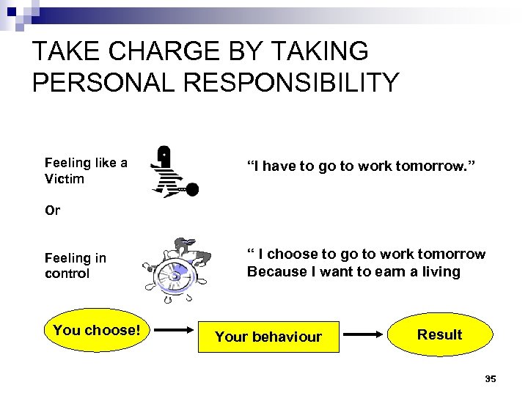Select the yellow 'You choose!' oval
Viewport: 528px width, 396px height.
pyautogui.click(x=96, y=331)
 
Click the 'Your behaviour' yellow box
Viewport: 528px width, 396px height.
pyautogui.click(x=268, y=337)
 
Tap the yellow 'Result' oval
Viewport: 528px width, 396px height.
pyautogui.click(x=439, y=334)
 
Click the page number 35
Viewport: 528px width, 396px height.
pyautogui.click(x=491, y=378)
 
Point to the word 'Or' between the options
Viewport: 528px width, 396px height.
pyautogui.click(x=52, y=210)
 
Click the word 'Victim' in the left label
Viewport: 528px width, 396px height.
pyautogui.click(x=65, y=179)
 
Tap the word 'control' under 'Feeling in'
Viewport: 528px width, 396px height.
pyautogui.click(x=67, y=274)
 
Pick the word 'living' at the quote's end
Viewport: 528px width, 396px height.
pyautogui.click(x=441, y=272)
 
